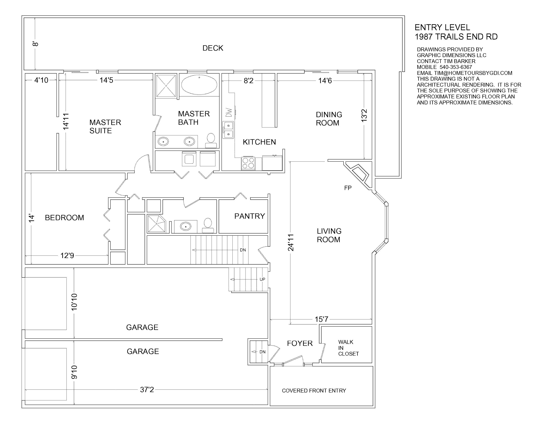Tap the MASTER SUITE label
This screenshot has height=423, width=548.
pyautogui.click(x=105, y=126)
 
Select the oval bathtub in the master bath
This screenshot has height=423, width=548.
pyautogui.click(x=199, y=85)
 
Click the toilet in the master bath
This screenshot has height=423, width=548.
pyautogui.click(x=211, y=141)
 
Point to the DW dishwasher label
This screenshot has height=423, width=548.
pyautogui.click(x=229, y=112)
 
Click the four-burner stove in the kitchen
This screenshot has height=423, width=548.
pyautogui.click(x=248, y=163)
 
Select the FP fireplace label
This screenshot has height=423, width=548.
pyautogui.click(x=348, y=188)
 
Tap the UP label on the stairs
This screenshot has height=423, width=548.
pyautogui.click(x=262, y=279)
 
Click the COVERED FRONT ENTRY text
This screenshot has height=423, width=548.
pyautogui.click(x=314, y=390)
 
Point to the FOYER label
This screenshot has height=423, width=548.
pyautogui.click(x=300, y=343)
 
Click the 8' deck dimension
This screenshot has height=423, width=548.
pyautogui.click(x=35, y=44)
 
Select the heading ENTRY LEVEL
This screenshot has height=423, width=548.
pyautogui.click(x=442, y=27)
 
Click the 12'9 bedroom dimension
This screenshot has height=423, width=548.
pyautogui.click(x=67, y=255)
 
